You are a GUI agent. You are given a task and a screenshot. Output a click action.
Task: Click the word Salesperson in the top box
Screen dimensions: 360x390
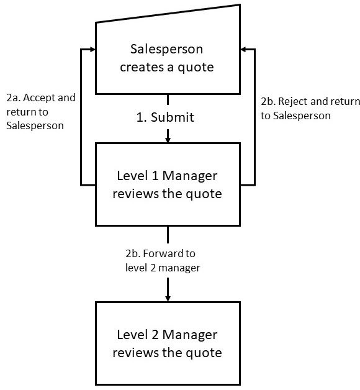click(x=166, y=50)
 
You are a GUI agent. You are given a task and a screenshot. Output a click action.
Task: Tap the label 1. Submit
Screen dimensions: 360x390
click(x=165, y=117)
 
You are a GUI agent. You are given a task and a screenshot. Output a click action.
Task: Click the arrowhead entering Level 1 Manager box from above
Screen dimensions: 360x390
click(x=168, y=139)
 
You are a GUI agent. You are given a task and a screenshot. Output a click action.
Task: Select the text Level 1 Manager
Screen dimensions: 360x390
click(x=167, y=176)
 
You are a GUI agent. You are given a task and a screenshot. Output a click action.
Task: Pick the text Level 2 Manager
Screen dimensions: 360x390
click(x=167, y=335)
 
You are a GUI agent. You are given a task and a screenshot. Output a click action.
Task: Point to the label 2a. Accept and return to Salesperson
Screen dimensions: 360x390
click(x=41, y=112)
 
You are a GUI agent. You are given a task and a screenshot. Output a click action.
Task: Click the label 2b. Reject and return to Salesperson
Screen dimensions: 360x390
click(x=310, y=109)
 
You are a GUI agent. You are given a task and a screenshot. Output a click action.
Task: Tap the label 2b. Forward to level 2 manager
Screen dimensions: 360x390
click(x=163, y=261)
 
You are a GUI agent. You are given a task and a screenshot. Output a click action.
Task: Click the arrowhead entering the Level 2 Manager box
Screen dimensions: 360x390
click(x=168, y=298)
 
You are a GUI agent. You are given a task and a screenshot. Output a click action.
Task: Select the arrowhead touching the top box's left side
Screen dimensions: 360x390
click(x=92, y=50)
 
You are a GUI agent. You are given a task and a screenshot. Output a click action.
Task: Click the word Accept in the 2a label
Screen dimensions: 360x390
click(x=39, y=98)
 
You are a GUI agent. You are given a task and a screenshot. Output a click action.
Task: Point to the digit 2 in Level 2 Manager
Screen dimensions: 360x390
click(x=155, y=335)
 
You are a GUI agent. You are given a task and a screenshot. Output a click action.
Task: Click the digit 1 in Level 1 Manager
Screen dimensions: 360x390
click(x=155, y=176)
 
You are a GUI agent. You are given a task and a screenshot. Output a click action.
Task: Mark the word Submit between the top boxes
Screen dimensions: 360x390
click(x=173, y=117)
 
